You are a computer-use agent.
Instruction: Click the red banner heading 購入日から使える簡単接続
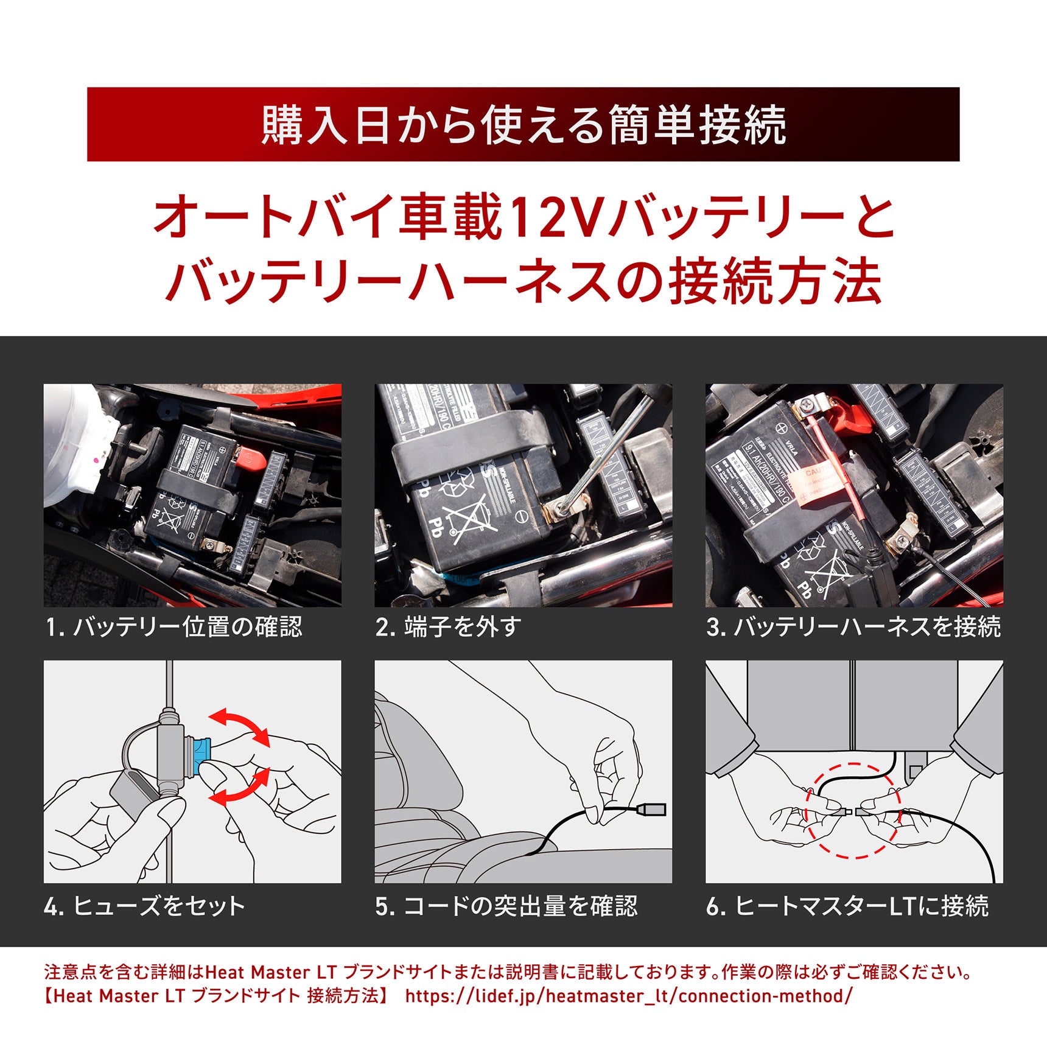click(523, 125)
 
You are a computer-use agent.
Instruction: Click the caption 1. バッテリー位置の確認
click(173, 627)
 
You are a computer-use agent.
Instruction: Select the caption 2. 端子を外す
click(448, 627)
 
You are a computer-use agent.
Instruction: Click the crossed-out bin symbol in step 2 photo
click(464, 517)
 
